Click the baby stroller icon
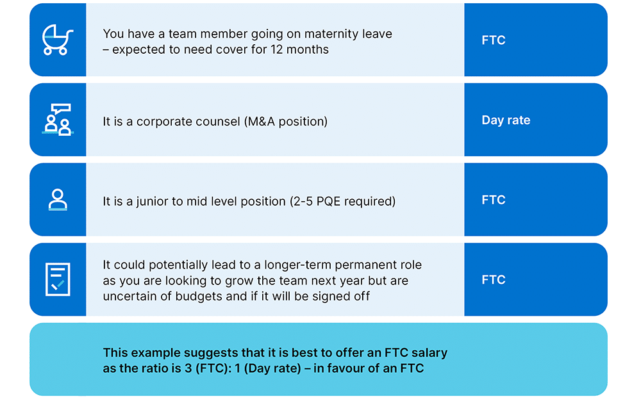pos(58,40)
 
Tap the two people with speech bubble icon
pos(58,120)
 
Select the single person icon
pos(58,200)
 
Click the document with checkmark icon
pos(58,279)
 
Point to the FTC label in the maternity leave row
pos(494,40)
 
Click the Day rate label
pos(506,120)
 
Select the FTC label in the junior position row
pos(494,200)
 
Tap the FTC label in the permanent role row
pos(494,280)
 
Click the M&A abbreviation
pos(260,121)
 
